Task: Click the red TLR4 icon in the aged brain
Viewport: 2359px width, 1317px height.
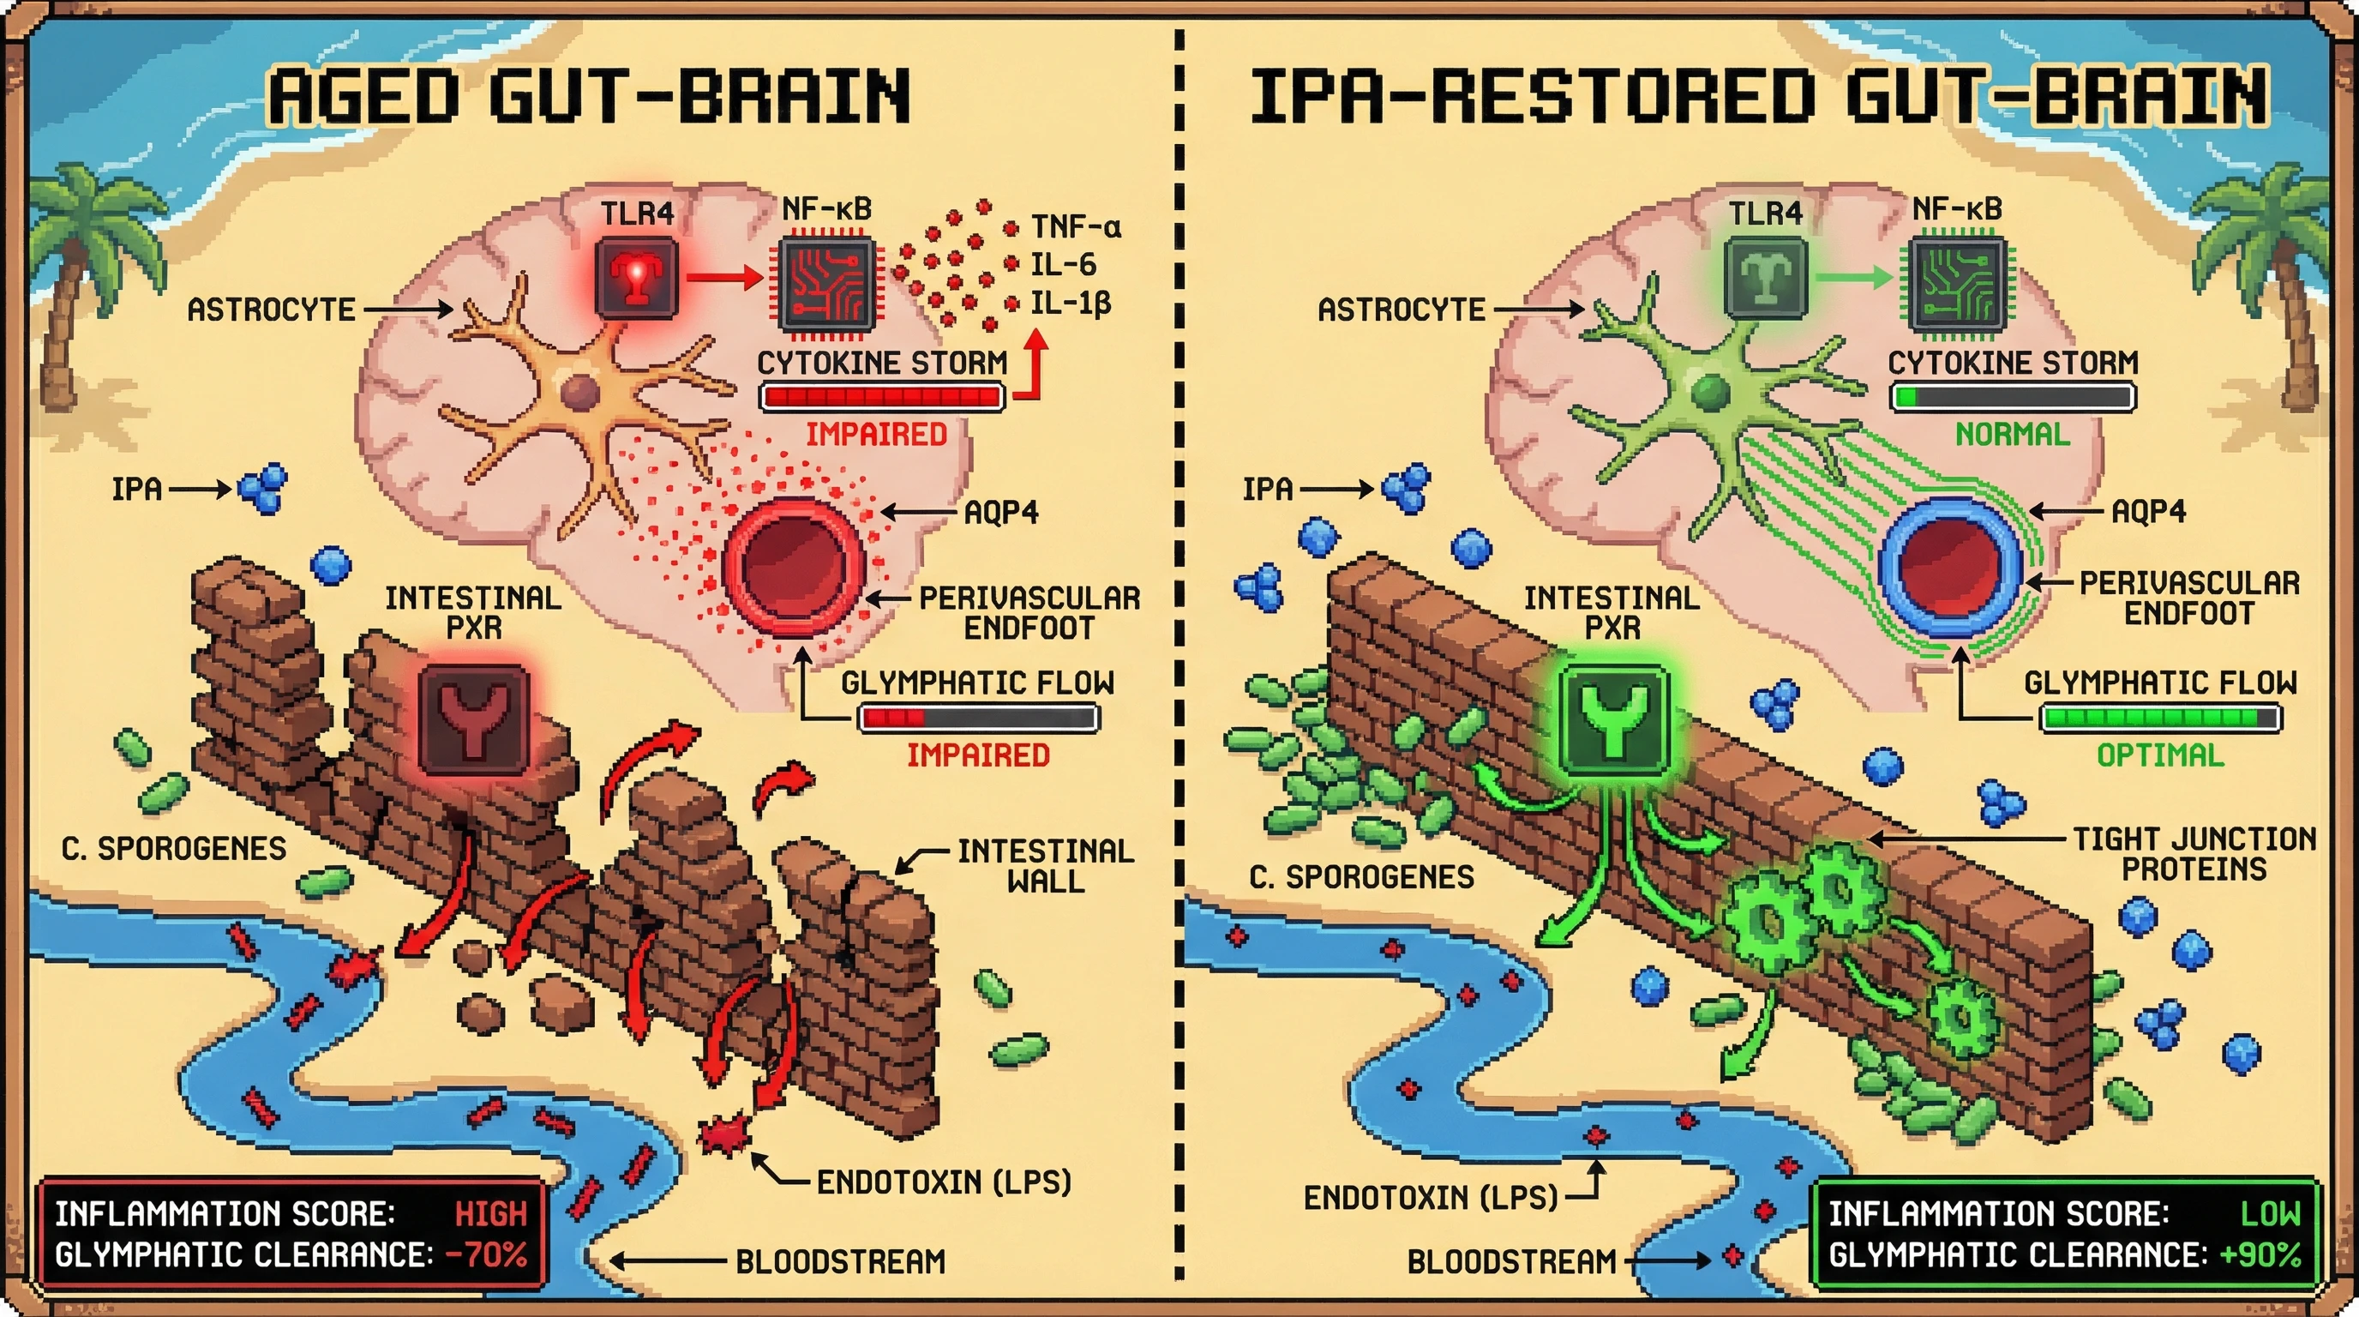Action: pos(636,278)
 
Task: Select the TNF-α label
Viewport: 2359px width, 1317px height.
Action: pos(1075,226)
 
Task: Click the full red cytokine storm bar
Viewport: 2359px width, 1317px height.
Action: pos(882,397)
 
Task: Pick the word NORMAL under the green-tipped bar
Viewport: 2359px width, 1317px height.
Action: pos(2012,434)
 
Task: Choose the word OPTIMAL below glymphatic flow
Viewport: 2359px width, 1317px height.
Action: pos(2159,755)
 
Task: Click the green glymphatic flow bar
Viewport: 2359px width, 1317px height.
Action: pos(2159,718)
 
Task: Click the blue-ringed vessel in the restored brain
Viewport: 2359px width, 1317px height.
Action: pos(1949,568)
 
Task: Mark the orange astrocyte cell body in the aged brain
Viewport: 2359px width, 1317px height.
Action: pos(579,392)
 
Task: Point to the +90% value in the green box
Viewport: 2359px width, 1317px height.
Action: pos(2260,1254)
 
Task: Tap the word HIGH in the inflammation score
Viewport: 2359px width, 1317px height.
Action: pos(491,1214)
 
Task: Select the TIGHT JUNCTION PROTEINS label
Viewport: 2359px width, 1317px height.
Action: pos(2194,854)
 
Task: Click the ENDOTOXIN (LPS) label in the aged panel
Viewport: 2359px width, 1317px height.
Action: pos(943,1182)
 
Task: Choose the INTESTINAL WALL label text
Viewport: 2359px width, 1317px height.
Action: pos(1045,865)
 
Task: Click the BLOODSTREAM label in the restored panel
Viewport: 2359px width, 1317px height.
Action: pos(1511,1262)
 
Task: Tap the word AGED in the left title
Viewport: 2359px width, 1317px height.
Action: pos(363,96)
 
